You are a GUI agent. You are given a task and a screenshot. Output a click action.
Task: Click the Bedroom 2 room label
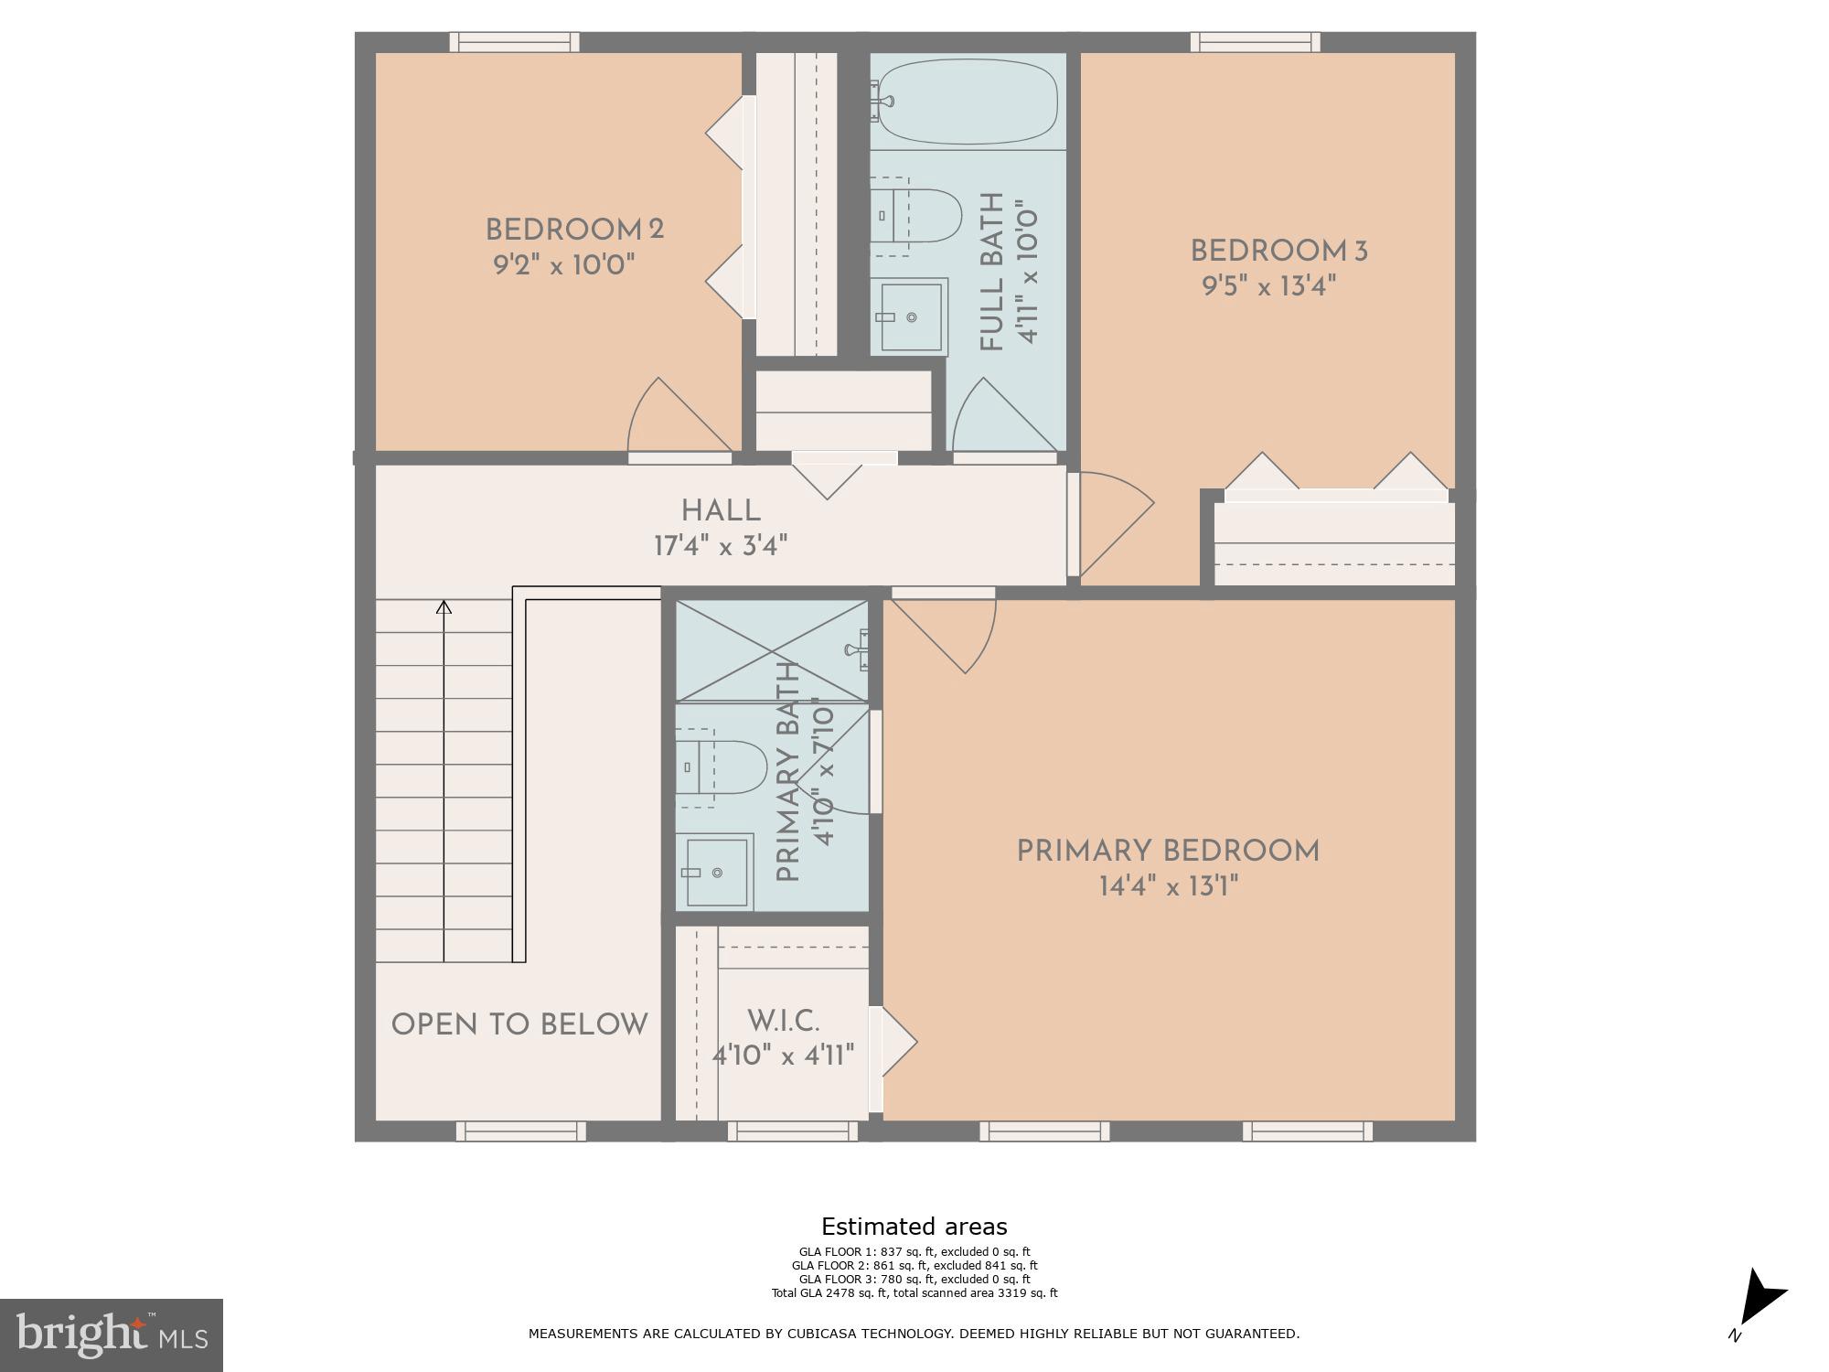pyautogui.click(x=573, y=229)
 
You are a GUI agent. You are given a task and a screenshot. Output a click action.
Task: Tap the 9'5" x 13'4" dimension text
pyautogui.click(x=1268, y=286)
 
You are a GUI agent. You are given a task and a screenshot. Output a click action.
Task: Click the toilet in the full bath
pyautogui.click(x=918, y=216)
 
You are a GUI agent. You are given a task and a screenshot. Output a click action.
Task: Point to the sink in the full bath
pyautogui.click(x=911, y=316)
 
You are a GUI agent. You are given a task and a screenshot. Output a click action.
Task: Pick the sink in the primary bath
pyautogui.click(x=716, y=872)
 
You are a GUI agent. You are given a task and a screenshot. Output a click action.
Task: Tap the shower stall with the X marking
pyautogui.click(x=771, y=650)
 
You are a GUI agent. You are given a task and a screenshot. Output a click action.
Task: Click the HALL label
pyautogui.click(x=721, y=510)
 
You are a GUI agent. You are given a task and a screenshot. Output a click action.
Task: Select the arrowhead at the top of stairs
pyautogui.click(x=444, y=606)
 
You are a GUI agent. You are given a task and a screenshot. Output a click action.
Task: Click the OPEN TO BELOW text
pyautogui.click(x=519, y=1024)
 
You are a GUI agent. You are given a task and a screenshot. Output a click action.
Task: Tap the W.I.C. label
pyautogui.click(x=783, y=1021)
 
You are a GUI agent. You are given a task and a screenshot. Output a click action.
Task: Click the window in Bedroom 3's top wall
pyautogui.click(x=1255, y=42)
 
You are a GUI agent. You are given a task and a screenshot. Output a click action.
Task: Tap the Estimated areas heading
pyautogui.click(x=914, y=1227)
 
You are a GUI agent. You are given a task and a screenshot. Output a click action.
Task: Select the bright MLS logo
pyautogui.click(x=112, y=1334)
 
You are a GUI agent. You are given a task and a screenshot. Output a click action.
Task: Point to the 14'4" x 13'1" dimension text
pyautogui.click(x=1168, y=886)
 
